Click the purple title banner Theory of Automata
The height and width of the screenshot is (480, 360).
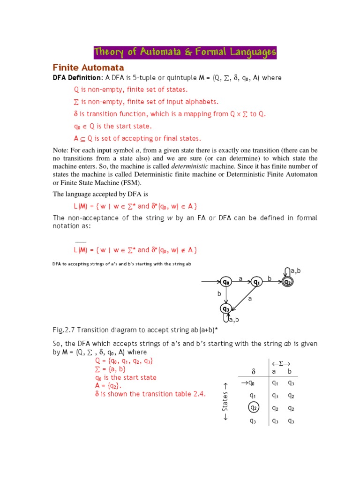click(x=185, y=52)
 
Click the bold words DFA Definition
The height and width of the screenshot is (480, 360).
click(x=76, y=77)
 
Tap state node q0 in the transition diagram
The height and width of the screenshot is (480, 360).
click(x=226, y=282)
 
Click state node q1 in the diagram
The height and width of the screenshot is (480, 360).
click(x=256, y=282)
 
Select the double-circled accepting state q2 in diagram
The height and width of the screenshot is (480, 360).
click(x=287, y=282)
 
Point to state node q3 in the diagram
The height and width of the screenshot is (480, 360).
click(x=226, y=309)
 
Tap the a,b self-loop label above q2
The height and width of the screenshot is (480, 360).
click(x=295, y=271)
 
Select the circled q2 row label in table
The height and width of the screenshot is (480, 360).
click(x=253, y=408)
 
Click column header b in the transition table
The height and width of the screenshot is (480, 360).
click(x=291, y=371)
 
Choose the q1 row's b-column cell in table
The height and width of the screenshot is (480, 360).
click(x=291, y=396)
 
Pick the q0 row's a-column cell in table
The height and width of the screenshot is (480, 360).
click(x=275, y=383)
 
